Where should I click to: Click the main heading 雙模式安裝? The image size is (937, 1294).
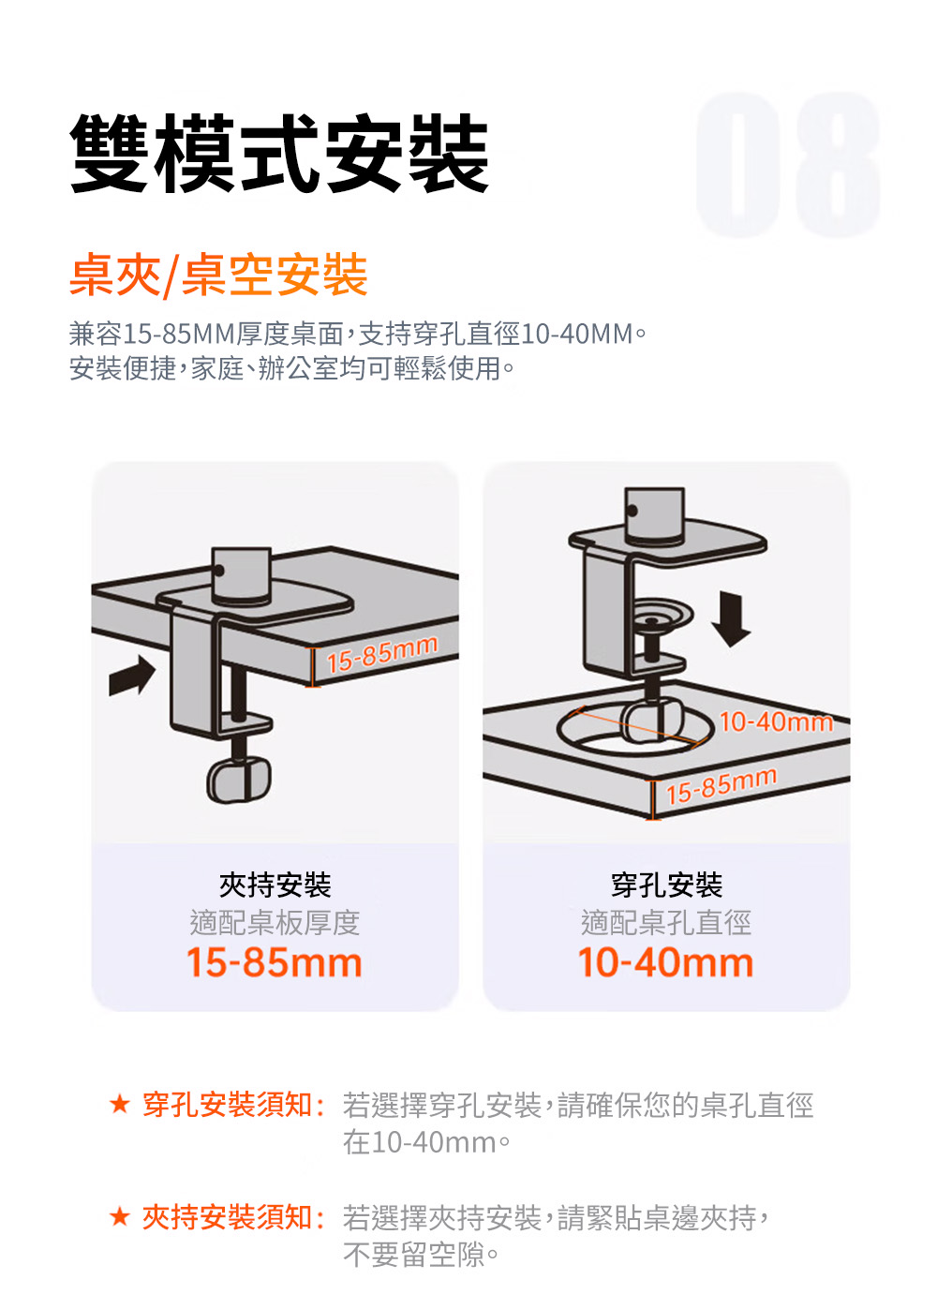pos(279,153)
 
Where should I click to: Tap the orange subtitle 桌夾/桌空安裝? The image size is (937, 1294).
pos(218,275)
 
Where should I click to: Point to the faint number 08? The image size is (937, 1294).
pos(788,165)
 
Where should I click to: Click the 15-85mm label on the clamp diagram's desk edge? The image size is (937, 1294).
pos(382,654)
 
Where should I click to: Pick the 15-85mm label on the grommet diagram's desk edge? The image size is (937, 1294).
pos(721,785)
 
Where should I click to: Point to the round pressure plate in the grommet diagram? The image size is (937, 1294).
pos(661,614)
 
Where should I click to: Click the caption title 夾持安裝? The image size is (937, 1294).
pos(275,885)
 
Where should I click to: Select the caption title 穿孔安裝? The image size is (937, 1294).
pos(666,885)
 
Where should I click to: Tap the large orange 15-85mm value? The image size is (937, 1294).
pos(275,963)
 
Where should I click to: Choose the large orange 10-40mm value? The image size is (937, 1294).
pos(666,963)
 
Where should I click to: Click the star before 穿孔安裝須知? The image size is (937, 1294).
pos(120,1104)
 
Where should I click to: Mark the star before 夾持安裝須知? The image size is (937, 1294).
pos(120,1216)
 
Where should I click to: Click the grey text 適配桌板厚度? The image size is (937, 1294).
pos(275,923)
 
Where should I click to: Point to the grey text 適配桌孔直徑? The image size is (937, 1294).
pos(666,923)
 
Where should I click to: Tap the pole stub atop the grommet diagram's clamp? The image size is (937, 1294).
pos(655,517)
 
